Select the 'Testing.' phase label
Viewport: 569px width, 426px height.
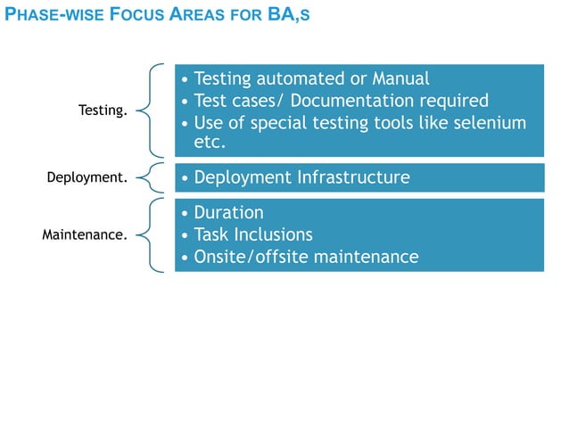[x=103, y=111]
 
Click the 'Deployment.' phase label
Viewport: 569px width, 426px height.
[x=87, y=177]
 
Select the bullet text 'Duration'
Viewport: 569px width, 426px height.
[x=228, y=213]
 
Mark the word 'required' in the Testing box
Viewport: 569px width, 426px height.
[x=455, y=100]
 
